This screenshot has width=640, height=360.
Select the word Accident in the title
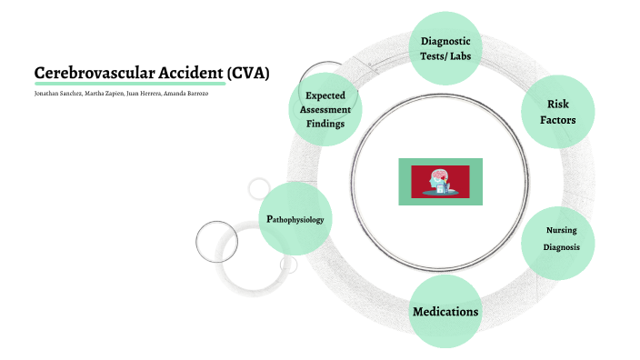tap(185, 73)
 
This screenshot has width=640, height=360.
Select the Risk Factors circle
tap(557, 111)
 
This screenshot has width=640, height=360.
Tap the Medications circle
tap(445, 312)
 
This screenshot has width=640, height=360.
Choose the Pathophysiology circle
tap(295, 219)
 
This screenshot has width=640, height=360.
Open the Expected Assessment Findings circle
tap(325, 109)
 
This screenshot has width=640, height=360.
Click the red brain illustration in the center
tap(440, 181)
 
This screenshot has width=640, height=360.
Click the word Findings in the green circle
tap(325, 124)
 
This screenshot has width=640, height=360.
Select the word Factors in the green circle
tap(558, 120)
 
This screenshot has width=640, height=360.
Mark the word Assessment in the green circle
tap(325, 109)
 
